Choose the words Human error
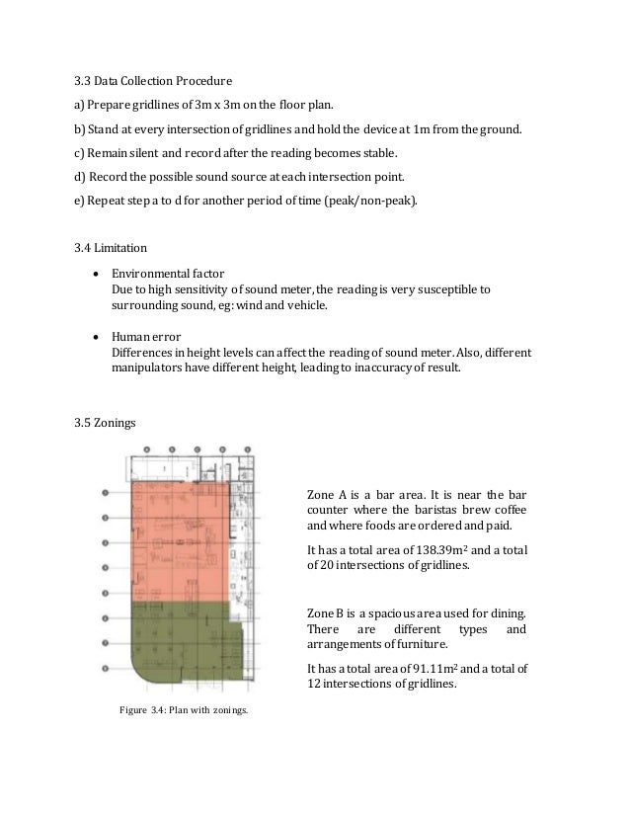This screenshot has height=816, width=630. [144, 336]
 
